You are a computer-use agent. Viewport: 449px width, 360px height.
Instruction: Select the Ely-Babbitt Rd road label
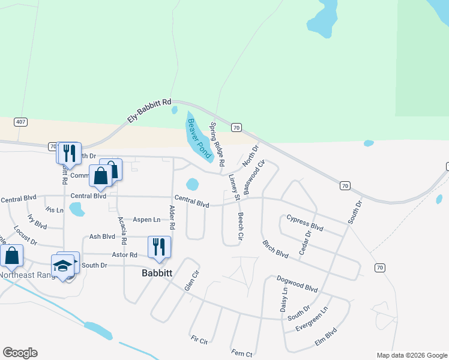[149, 111]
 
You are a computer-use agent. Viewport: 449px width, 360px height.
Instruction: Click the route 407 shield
[21, 122]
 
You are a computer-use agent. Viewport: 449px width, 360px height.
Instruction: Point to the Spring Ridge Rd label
[217, 145]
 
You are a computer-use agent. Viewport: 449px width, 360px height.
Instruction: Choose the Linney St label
[235, 187]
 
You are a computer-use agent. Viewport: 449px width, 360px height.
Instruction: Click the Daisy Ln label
[285, 298]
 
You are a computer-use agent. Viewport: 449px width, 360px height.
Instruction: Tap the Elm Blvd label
[326, 339]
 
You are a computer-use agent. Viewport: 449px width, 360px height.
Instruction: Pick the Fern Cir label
[243, 352]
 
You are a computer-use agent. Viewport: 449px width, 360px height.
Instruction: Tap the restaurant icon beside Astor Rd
[159, 247]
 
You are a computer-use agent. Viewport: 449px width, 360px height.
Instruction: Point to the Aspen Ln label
[146, 220]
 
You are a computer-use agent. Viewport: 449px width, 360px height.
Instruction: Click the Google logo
[20, 353]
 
